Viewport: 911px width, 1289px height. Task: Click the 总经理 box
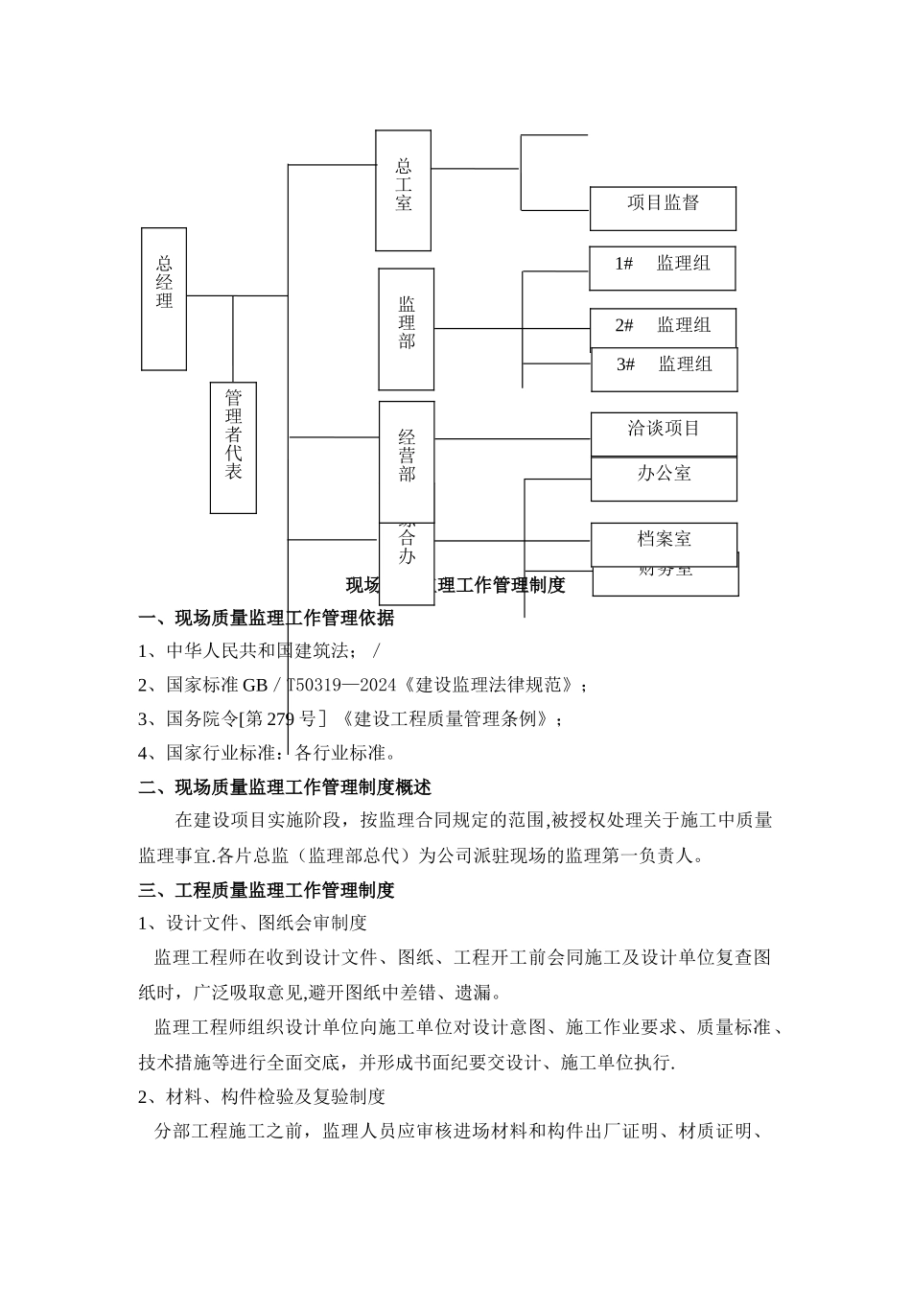[164, 298]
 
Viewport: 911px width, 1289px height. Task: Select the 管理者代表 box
[233, 447]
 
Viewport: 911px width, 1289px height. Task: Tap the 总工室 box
[403, 190]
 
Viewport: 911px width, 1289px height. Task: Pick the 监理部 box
[406, 329]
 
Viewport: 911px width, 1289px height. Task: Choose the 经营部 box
[407, 460]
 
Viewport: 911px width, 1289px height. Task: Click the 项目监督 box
[663, 208]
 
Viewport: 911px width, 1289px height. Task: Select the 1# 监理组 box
[663, 268]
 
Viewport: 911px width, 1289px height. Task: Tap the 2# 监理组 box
[663, 327]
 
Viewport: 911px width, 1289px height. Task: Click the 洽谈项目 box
[664, 434]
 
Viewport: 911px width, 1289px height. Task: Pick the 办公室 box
[664, 479]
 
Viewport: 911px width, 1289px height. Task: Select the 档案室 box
[664, 544]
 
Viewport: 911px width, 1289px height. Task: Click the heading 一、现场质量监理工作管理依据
[266, 619]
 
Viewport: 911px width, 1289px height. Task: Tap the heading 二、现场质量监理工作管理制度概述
[285, 787]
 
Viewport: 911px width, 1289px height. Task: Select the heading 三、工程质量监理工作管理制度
[266, 890]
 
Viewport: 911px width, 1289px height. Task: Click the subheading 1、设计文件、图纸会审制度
[252, 923]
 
